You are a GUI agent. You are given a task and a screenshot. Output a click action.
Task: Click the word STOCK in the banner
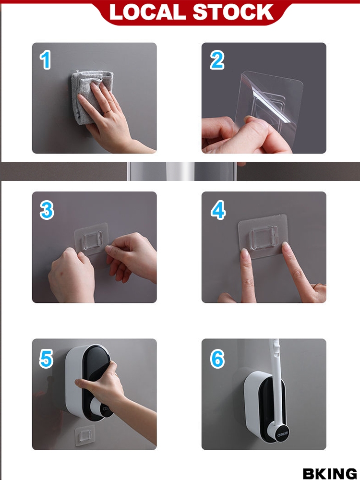pyautogui.click(x=233, y=12)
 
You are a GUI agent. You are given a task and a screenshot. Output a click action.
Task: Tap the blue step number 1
pyautogui.click(x=46, y=60)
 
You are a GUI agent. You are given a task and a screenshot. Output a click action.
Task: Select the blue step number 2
pyautogui.click(x=217, y=60)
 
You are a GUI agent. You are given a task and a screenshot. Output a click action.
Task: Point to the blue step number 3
pyautogui.click(x=47, y=210)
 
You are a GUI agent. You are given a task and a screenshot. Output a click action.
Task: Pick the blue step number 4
pyautogui.click(x=218, y=210)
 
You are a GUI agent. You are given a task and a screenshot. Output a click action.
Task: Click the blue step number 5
pyautogui.click(x=46, y=359)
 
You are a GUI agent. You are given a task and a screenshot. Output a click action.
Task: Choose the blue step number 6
pyautogui.click(x=217, y=359)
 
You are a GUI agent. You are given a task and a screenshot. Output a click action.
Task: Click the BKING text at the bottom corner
pyautogui.click(x=330, y=473)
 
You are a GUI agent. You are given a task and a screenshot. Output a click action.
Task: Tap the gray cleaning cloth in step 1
pyautogui.click(x=89, y=95)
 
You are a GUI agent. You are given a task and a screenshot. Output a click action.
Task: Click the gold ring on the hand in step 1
pyautogui.click(x=107, y=112)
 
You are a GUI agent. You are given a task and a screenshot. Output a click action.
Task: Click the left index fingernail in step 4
pyautogui.click(x=244, y=252)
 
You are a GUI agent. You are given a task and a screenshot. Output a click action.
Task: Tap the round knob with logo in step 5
pyautogui.click(x=103, y=408)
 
